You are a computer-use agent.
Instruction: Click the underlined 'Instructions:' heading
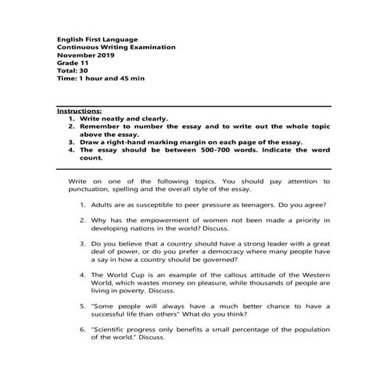(80, 113)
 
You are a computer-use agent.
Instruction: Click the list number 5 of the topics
(82, 306)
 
